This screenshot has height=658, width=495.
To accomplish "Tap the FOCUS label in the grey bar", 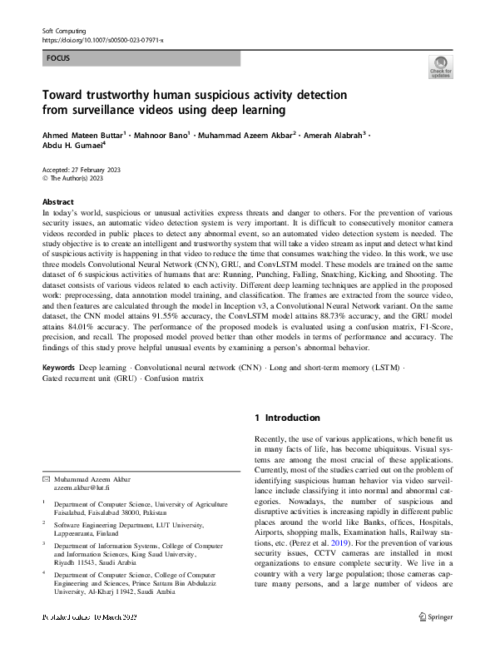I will (x=58, y=59).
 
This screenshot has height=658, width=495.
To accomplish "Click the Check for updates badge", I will (x=440, y=67).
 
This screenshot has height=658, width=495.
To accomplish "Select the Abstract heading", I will (x=59, y=202).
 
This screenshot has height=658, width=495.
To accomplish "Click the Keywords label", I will (x=59, y=367).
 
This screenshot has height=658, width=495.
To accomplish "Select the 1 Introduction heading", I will (x=287, y=418).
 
